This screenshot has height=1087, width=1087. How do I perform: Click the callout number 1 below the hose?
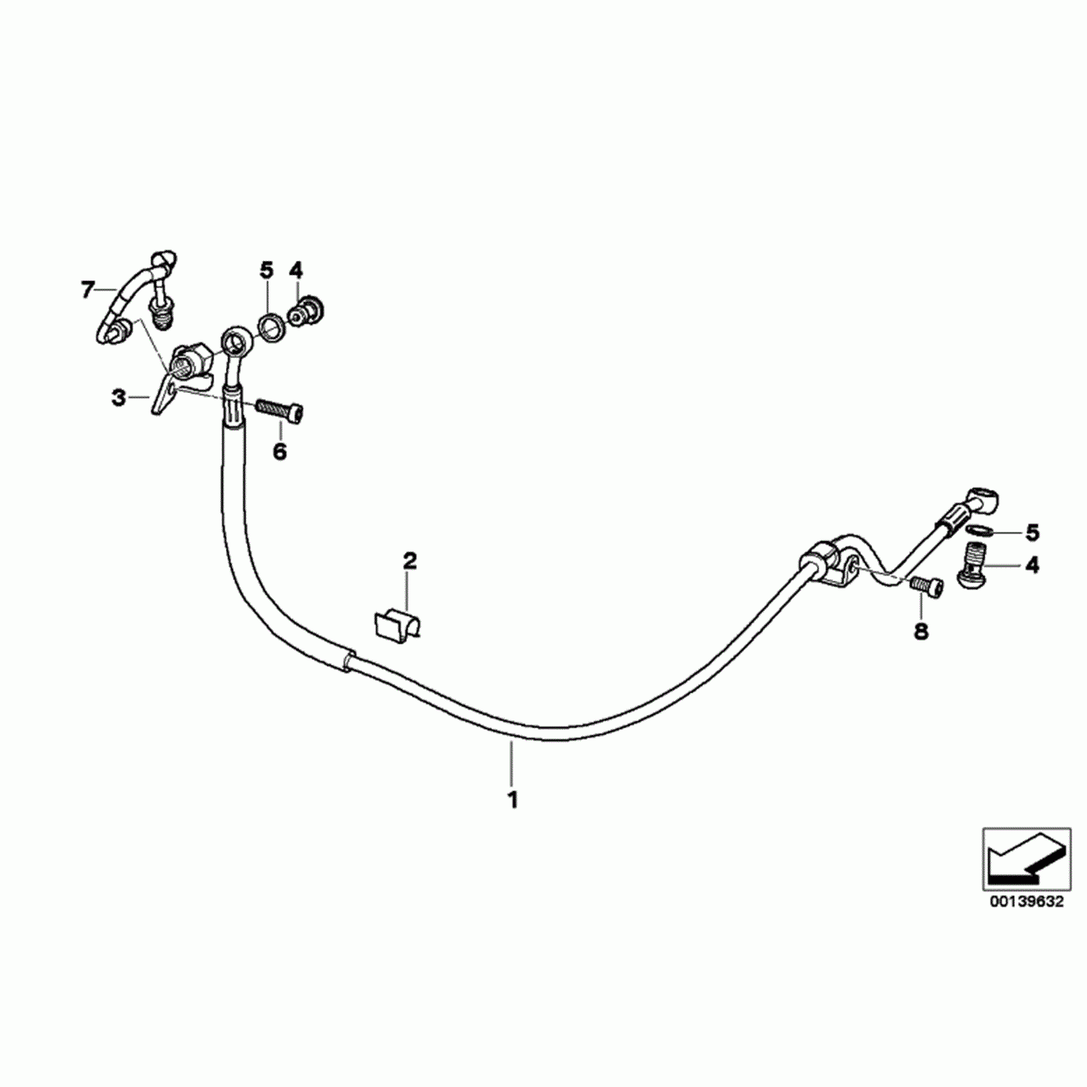coord(512,799)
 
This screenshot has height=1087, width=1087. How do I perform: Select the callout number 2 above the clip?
coord(409,560)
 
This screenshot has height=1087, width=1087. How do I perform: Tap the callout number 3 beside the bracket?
coord(118,398)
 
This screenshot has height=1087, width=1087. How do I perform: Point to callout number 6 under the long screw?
coord(280,451)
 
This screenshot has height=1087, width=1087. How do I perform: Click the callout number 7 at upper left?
coord(87,290)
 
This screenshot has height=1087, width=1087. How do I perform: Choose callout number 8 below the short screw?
coord(921,631)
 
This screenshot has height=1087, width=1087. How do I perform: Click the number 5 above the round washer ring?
coord(266,270)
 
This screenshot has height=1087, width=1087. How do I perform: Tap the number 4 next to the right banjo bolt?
coord(1032,564)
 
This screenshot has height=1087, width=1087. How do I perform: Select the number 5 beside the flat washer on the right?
coord(1032,533)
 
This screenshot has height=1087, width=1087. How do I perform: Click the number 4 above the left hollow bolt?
coord(296,270)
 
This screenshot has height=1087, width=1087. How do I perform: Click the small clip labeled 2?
coord(396,623)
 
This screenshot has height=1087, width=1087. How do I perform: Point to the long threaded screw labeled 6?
coord(279,410)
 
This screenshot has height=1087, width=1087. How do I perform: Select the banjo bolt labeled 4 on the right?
coord(974,565)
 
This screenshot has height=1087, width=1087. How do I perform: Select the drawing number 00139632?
coord(1026,901)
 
